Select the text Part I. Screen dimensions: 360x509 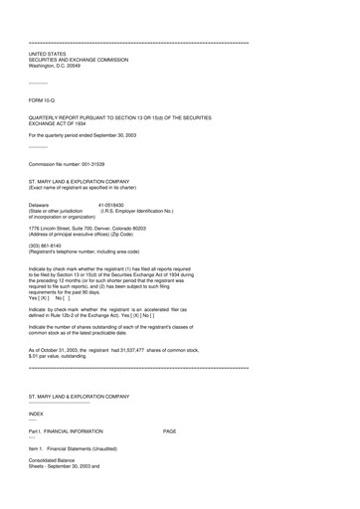tap(37, 431)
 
